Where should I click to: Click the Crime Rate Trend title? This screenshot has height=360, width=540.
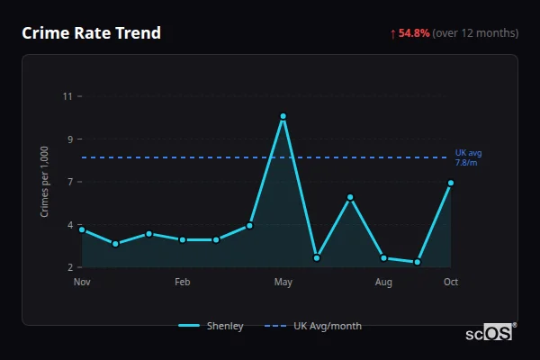point(92,33)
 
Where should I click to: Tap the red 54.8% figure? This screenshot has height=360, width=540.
point(415,33)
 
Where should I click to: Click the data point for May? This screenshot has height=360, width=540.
point(283,116)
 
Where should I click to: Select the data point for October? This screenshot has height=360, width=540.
point(451,183)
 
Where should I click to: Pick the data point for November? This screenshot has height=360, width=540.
point(82,229)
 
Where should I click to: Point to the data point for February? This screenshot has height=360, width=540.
point(182,239)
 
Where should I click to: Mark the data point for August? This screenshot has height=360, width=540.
point(383,258)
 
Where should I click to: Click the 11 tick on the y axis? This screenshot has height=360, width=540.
point(67,96)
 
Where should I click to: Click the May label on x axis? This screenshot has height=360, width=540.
point(283,283)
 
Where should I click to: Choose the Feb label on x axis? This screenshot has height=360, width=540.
point(182,283)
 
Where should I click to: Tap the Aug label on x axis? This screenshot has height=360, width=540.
point(383,283)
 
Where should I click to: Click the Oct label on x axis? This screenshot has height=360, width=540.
point(451,283)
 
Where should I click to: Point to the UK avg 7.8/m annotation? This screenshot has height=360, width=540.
point(466,157)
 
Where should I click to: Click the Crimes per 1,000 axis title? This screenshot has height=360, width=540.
point(45,182)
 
